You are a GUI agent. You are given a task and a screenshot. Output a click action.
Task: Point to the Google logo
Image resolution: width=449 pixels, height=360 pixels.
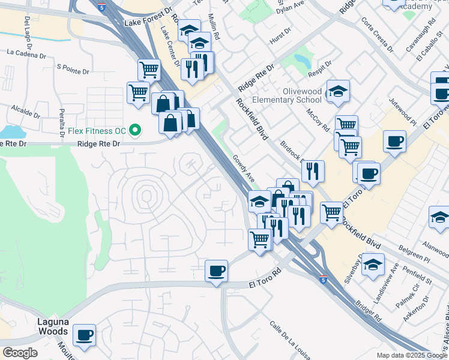tap(20, 353)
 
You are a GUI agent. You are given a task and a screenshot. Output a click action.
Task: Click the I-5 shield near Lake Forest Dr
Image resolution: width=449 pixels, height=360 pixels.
tap(101, 8)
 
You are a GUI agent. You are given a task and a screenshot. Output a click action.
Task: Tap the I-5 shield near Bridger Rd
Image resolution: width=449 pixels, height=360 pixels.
tap(324, 280)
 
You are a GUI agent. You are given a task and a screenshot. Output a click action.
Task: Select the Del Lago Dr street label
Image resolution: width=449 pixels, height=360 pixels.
tap(28, 29)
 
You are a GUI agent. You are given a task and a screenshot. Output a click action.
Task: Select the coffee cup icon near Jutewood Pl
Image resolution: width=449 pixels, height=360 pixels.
tap(395, 143)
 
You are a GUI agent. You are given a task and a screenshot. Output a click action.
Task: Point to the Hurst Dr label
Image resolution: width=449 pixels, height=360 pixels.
tap(280, 38)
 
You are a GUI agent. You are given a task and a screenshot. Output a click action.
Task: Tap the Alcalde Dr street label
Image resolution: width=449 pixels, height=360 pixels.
tap(25, 110)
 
